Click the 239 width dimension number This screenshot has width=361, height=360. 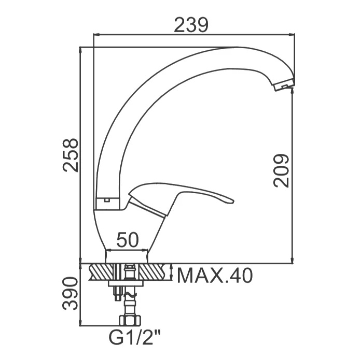(x=191, y=25)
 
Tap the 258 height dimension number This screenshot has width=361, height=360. (x=71, y=155)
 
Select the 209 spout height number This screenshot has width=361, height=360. (x=281, y=170)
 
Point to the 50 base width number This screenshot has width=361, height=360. (x=128, y=239)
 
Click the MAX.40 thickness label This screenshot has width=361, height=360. (x=215, y=276)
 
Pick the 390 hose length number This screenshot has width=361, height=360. (x=71, y=294)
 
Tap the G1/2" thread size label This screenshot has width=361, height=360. (x=134, y=338)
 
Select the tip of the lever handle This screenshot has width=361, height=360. (x=233, y=202)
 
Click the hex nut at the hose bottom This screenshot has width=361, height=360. (x=130, y=321)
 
